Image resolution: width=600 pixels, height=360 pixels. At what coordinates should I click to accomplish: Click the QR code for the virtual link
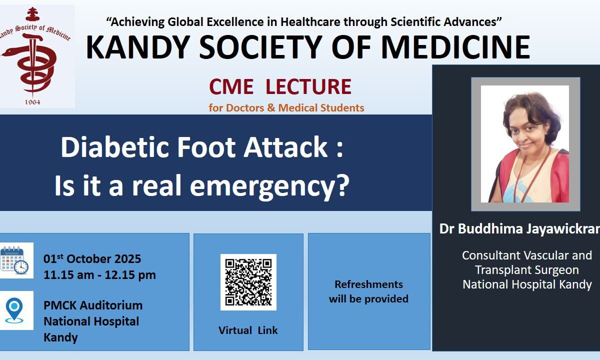tap(248, 282)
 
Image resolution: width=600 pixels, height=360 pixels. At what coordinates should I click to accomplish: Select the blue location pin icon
tap(14, 310)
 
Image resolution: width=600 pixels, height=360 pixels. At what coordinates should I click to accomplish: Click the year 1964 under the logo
tap(32, 102)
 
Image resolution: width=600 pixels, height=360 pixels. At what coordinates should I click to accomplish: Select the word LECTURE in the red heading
tap(308, 86)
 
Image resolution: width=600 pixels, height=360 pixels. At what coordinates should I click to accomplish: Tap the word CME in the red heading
tap(231, 86)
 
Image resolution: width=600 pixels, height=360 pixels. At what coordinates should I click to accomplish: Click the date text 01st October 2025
tap(92, 259)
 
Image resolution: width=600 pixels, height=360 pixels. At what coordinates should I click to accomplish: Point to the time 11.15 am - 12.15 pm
tap(99, 275)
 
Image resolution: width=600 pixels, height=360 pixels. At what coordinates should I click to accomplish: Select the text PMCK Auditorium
tap(93, 305)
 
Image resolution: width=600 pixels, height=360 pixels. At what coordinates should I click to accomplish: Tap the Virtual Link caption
tap(248, 330)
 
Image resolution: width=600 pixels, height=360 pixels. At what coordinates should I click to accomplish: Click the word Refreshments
tap(369, 284)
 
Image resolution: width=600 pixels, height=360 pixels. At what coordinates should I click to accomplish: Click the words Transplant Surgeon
tap(527, 270)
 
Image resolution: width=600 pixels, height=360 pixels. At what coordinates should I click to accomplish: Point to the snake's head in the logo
tap(8, 52)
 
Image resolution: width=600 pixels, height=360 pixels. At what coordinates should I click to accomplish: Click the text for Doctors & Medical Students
tap(286, 107)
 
